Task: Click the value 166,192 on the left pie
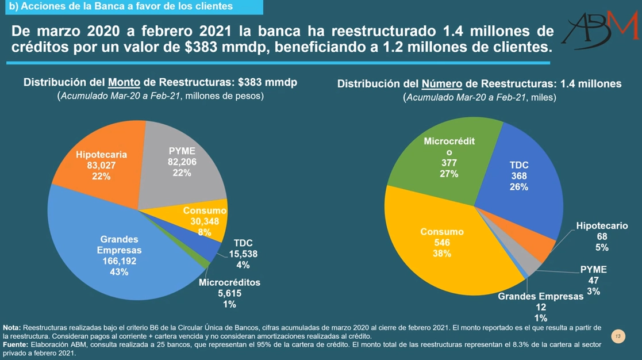(119, 261)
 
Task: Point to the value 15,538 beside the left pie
(243, 254)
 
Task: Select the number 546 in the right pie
(442, 242)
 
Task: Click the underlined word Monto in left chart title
(125, 83)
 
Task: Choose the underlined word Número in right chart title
(443, 84)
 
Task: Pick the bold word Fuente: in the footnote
(17, 344)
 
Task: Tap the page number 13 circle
(618, 336)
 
